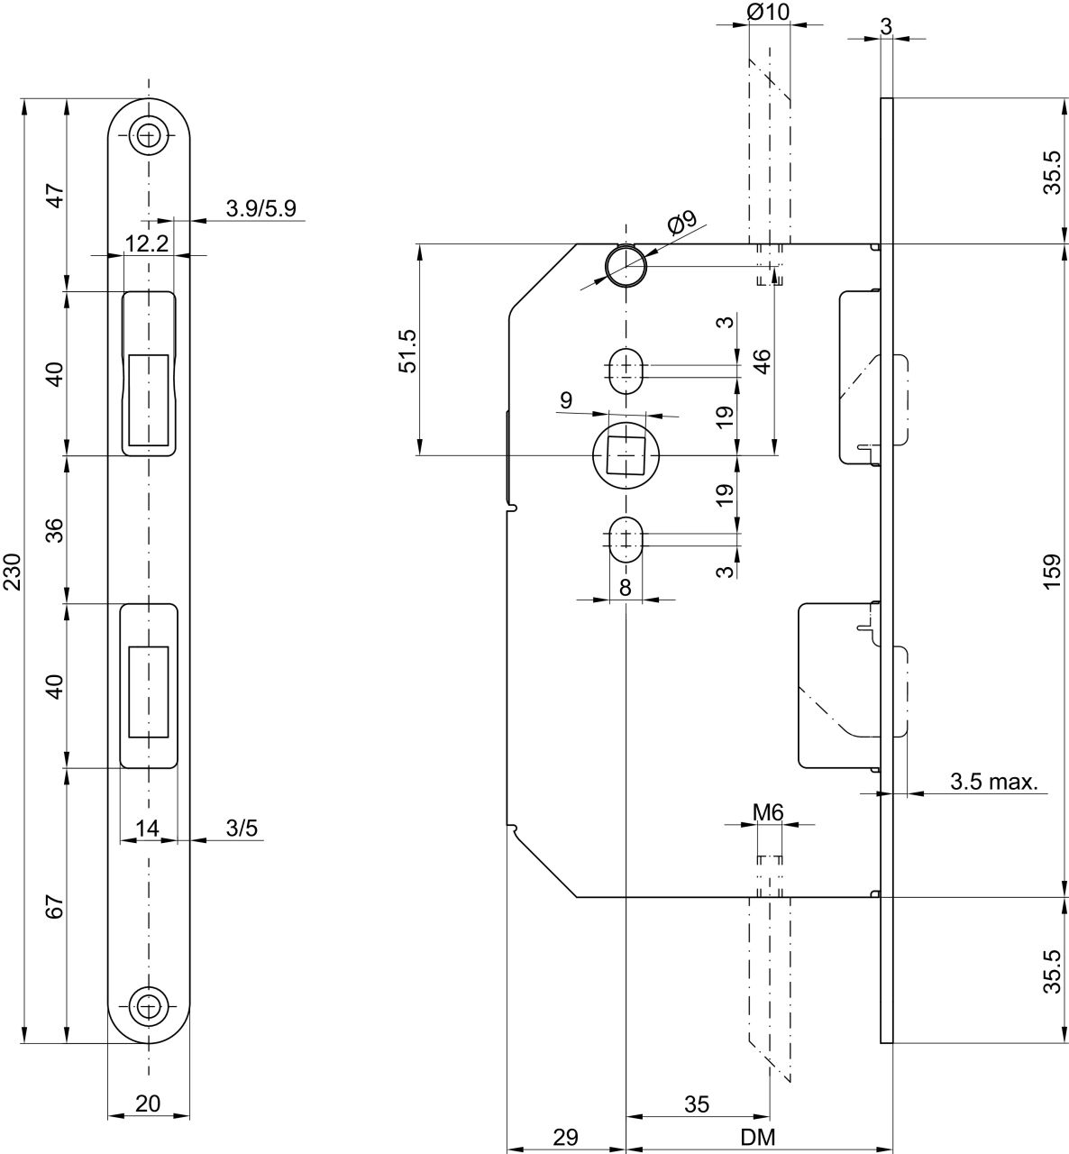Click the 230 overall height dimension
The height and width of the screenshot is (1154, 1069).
tap(13, 572)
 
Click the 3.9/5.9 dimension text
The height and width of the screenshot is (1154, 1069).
tap(260, 208)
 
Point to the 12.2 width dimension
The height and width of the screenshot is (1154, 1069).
tap(147, 243)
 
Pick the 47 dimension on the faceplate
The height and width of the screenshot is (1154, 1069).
tap(55, 196)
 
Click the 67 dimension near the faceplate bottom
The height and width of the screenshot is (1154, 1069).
tap(55, 906)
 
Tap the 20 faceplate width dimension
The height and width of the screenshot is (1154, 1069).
tap(148, 1103)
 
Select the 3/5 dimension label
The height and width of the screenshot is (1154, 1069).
tap(242, 828)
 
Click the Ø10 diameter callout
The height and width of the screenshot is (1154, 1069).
tap(768, 12)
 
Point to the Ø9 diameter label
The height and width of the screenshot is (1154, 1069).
tap(682, 223)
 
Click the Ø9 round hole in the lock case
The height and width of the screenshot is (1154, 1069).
tap(626, 267)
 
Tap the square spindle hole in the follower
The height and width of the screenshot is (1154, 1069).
tap(626, 455)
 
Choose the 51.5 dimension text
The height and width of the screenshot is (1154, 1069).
tap(408, 351)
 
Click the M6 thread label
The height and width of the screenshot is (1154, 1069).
tap(768, 812)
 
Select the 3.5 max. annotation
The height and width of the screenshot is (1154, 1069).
tap(994, 782)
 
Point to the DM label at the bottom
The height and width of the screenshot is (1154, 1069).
tap(759, 1137)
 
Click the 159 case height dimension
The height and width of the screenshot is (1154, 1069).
tap(1052, 572)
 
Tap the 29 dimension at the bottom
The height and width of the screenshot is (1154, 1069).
tap(565, 1137)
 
